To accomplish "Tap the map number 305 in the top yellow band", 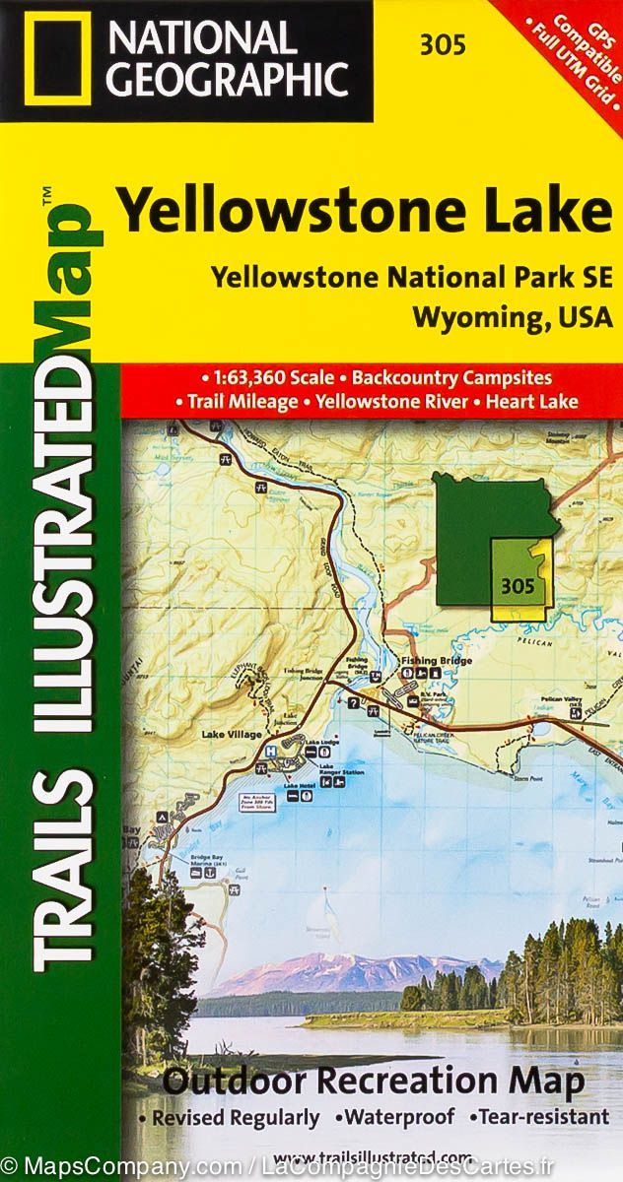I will click(434, 44).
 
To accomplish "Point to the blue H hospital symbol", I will click(270, 750).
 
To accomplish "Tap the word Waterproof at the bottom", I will click(398, 1118).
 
